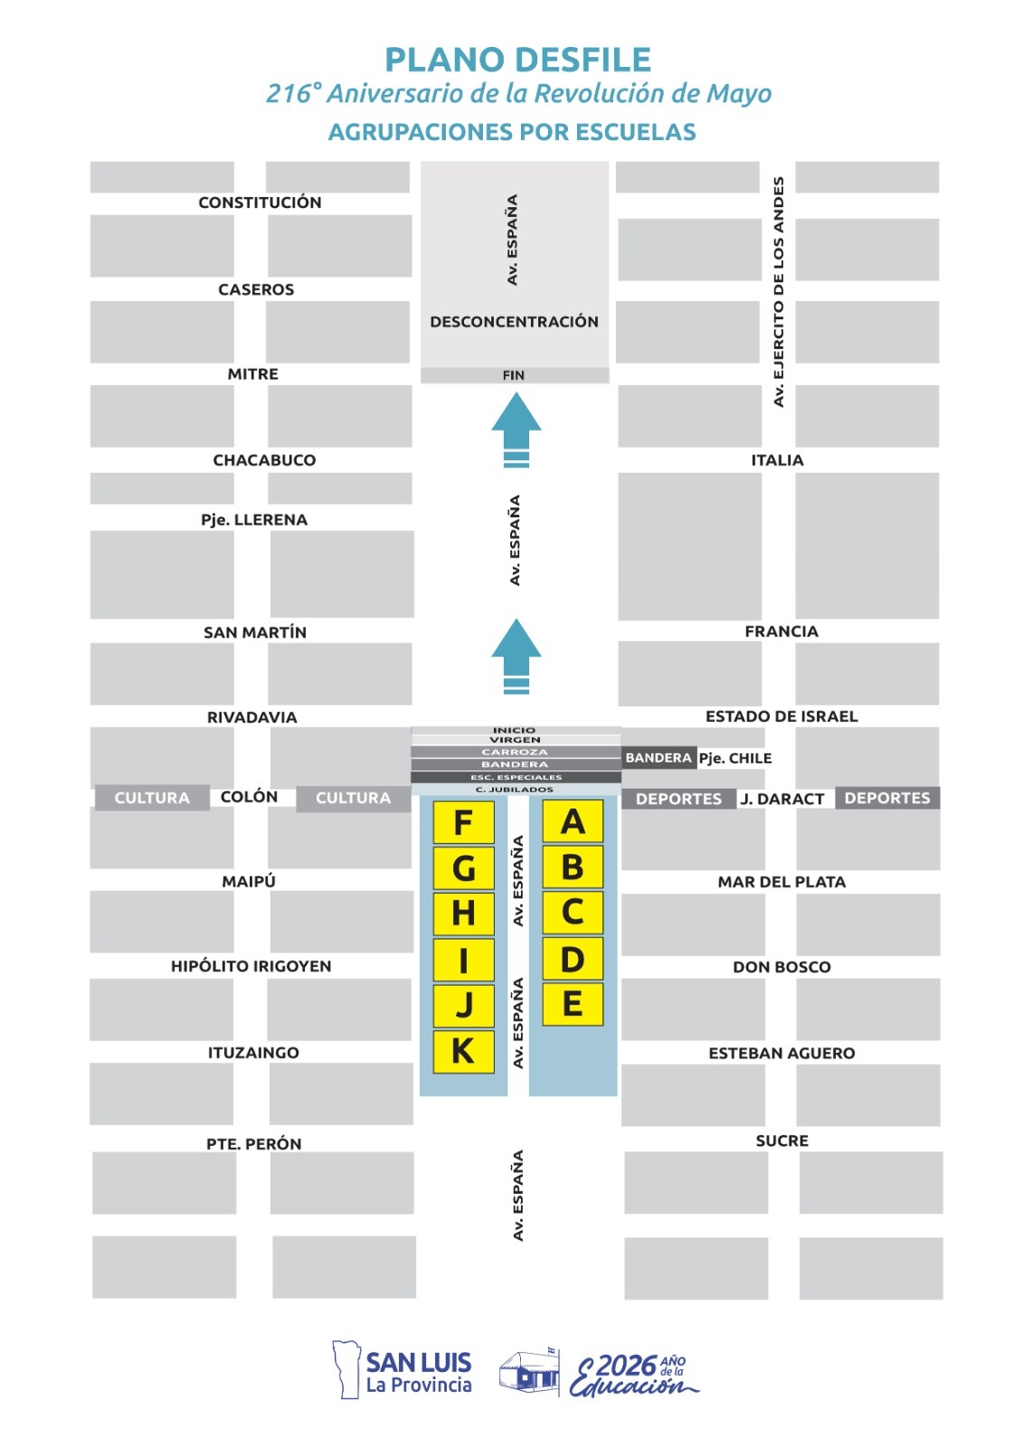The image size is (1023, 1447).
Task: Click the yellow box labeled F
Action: point(463,822)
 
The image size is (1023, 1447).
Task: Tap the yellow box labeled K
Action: point(463,1052)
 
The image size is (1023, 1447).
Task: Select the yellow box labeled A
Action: point(573,821)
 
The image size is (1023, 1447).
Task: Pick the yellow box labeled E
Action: point(573,1005)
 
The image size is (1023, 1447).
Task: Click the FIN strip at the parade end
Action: point(515,375)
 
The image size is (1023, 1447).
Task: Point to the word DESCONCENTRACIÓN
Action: point(515,322)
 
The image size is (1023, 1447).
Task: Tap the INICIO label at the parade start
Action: point(515,730)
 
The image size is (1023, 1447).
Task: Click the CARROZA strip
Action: point(516,752)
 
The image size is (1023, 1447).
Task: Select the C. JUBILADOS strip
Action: point(516,790)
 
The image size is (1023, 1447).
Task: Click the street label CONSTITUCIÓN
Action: point(260,203)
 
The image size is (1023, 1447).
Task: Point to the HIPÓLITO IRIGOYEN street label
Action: point(251,967)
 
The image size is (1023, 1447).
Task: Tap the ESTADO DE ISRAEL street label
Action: point(781,716)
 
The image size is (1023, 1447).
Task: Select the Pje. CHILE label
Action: point(735,759)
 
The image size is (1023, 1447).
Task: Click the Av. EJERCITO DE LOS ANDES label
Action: point(779,292)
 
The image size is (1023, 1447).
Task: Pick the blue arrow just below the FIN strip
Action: point(516,430)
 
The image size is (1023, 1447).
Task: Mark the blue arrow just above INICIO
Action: point(516,657)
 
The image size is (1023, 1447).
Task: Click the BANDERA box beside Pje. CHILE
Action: point(658,758)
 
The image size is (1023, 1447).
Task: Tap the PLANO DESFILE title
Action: point(517,60)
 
